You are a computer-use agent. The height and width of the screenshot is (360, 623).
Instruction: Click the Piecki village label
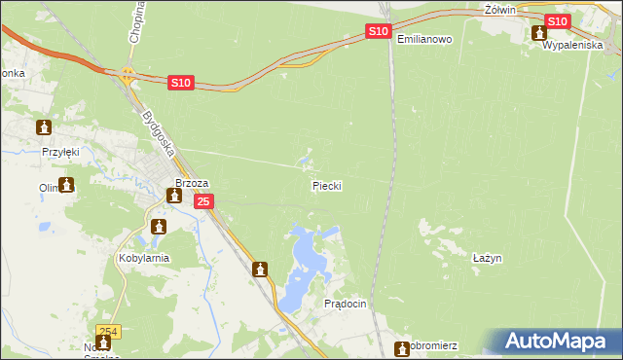click(x=327, y=185)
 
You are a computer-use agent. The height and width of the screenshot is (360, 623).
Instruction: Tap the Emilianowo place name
click(x=424, y=39)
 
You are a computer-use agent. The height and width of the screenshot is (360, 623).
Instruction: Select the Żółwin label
click(x=499, y=9)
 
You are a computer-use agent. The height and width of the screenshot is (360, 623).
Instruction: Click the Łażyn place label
click(x=486, y=258)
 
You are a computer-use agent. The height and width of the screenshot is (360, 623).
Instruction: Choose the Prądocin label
click(x=345, y=304)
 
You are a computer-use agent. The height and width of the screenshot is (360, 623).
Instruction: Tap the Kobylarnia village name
click(x=143, y=258)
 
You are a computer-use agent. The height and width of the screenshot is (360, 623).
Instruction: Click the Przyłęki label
click(x=59, y=152)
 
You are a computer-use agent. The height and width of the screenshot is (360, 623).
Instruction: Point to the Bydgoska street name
click(x=157, y=133)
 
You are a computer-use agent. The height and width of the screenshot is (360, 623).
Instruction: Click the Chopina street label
click(x=135, y=22)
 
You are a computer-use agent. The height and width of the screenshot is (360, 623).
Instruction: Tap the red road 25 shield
click(x=202, y=201)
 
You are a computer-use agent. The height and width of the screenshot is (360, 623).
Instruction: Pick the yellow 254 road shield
click(x=109, y=331)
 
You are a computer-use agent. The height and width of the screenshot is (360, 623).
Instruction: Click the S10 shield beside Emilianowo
click(x=380, y=32)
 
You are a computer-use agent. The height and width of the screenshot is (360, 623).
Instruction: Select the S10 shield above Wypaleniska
click(x=557, y=21)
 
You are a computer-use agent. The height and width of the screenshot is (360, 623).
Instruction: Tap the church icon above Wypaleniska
click(x=539, y=32)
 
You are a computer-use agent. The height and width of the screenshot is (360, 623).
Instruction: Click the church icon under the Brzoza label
click(x=174, y=197)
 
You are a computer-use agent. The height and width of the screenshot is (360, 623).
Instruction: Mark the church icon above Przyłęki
click(x=44, y=127)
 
